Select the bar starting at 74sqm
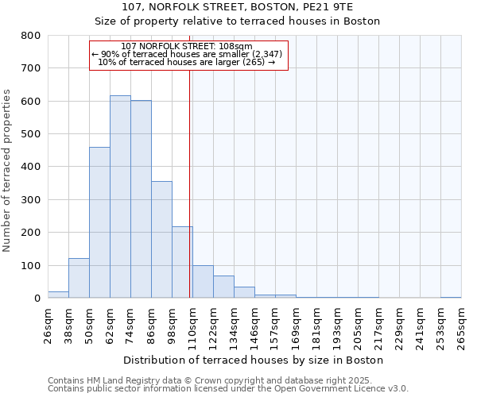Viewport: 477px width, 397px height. [x=141, y=199]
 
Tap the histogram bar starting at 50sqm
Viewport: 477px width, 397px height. [x=99, y=222]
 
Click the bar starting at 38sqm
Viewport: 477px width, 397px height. [x=79, y=278]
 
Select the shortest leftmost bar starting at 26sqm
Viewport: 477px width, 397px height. [x=58, y=295]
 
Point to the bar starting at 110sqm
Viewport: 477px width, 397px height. [x=203, y=282]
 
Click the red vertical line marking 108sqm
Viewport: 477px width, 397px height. [x=189, y=183]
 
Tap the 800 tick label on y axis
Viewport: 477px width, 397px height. [x=31, y=36]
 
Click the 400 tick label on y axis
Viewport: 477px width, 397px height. [x=31, y=167]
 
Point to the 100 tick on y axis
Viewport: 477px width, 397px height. [x=31, y=265]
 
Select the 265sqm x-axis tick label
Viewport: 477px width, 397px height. [x=461, y=326]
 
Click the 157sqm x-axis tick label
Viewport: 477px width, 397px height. [x=275, y=326]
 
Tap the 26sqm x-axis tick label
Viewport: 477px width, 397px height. [x=48, y=326]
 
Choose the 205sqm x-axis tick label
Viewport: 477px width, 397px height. [x=358, y=326]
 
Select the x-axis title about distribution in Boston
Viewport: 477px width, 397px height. [x=254, y=360]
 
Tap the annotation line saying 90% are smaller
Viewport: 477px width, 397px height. [x=188, y=54]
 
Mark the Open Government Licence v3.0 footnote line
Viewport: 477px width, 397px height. [x=227, y=388]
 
